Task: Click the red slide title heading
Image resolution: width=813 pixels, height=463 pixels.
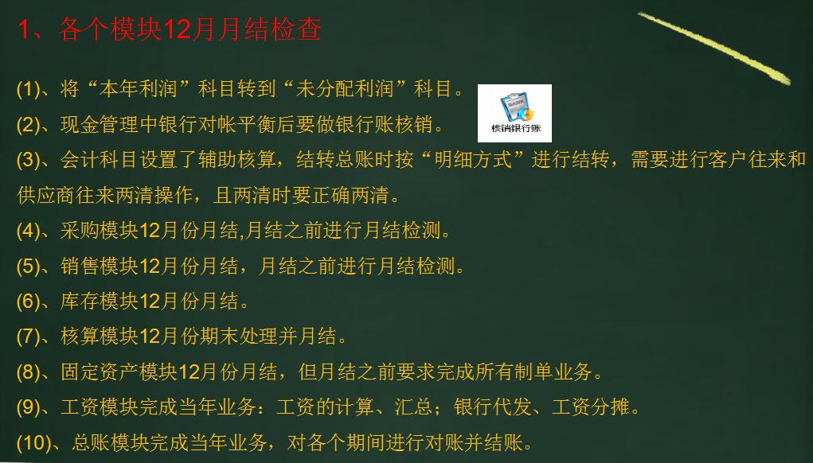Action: click(x=169, y=30)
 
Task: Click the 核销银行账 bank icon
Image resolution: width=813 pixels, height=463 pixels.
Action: click(x=514, y=112)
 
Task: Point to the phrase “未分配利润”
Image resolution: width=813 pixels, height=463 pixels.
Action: click(x=358, y=89)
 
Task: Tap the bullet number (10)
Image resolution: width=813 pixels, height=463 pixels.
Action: click(x=33, y=443)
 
